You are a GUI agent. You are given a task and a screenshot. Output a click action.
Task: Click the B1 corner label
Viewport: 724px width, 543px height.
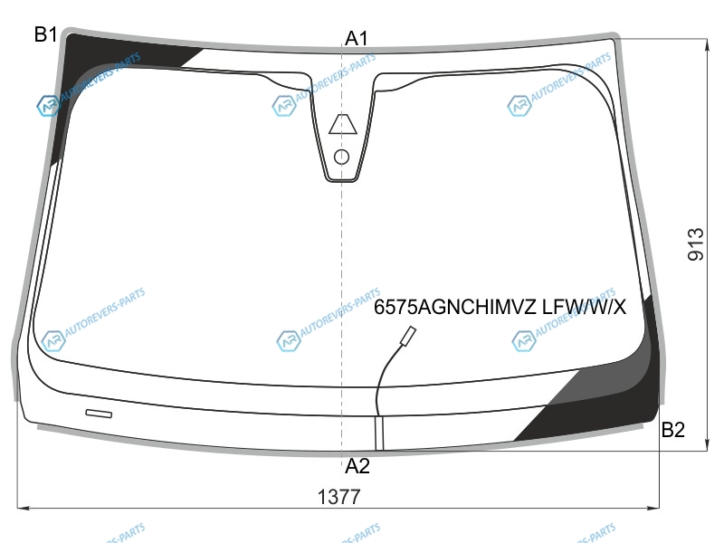[45, 34]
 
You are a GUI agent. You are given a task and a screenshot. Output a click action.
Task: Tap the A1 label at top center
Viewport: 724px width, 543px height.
[357, 38]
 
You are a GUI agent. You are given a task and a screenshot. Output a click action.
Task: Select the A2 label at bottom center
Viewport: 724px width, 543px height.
[357, 466]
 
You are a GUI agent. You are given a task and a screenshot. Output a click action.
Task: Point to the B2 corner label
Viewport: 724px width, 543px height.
[672, 430]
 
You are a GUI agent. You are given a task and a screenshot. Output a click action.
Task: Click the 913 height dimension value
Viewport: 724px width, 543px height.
[696, 244]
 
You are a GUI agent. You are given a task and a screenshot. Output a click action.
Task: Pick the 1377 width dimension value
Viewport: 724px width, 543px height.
[338, 497]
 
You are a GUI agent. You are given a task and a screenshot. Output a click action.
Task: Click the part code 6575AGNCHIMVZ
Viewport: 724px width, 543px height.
[455, 307]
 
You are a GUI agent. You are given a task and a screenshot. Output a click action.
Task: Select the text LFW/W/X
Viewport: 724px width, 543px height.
[584, 307]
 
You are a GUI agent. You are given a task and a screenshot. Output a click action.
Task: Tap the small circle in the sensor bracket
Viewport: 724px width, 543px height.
[341, 157]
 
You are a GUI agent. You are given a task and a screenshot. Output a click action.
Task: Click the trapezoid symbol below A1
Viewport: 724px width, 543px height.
[343, 124]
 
